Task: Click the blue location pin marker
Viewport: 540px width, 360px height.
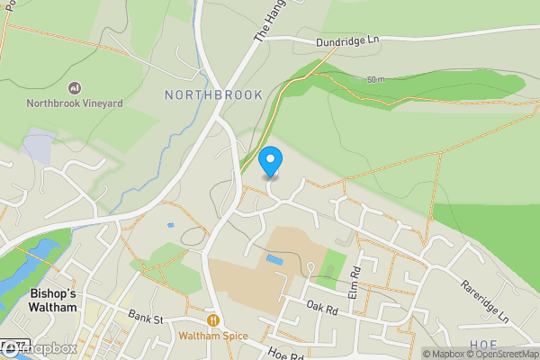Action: click(270, 162)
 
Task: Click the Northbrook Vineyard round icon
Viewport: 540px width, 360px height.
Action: click(75, 87)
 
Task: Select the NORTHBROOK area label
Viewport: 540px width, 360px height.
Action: click(213, 94)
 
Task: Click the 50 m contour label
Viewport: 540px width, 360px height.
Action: click(376, 80)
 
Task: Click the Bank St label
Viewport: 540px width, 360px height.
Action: click(145, 318)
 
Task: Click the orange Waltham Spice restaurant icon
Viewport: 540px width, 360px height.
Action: click(213, 319)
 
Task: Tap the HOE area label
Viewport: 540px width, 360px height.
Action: click(482, 345)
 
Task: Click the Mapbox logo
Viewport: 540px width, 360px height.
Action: click(40, 348)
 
